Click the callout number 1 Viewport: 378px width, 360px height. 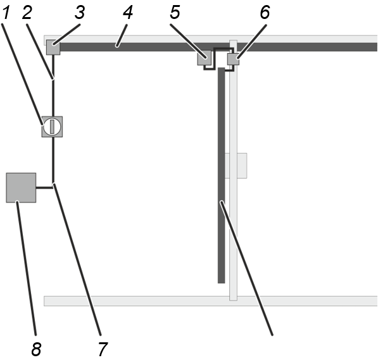tap(6, 13)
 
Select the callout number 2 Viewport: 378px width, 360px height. tap(27, 13)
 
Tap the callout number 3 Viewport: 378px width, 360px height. tap(80, 13)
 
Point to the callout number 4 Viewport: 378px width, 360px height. tap(128, 13)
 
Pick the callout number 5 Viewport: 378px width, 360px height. tap(175, 13)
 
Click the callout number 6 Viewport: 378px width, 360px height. tap(265, 13)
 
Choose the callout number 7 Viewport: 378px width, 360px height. tap(103, 349)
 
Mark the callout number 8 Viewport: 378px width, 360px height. tap(36, 349)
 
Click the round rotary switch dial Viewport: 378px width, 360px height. tap(52, 127)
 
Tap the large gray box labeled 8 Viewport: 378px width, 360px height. tap(21, 188)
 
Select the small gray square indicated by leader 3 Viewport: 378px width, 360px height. tap(53, 47)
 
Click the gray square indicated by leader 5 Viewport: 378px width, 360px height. tap(205, 58)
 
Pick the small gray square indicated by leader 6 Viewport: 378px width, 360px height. tap(234, 59)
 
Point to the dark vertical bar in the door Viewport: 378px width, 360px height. tap(222, 175)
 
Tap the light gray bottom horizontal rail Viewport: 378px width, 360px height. tap(211, 301)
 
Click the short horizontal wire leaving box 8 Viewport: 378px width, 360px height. tap(44, 187)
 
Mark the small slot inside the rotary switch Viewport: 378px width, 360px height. tap(52, 127)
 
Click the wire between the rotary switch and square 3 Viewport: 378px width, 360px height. tap(53, 86)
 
